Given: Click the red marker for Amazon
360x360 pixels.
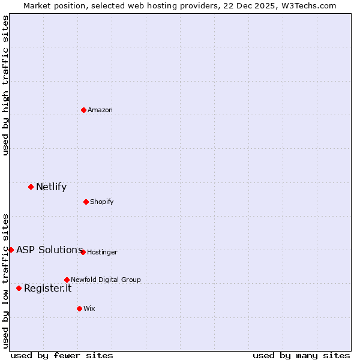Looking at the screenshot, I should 83,110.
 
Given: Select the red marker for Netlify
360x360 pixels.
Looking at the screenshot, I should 31,187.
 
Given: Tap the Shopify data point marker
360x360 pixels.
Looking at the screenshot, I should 86,202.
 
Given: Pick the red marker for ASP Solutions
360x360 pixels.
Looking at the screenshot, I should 11,250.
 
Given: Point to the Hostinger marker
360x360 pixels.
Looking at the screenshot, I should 83,252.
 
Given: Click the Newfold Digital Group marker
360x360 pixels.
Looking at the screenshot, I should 67,280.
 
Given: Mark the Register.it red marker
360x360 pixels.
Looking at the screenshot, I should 19,288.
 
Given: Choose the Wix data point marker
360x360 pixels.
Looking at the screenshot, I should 79,308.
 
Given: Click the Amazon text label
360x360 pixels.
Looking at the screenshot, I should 100,110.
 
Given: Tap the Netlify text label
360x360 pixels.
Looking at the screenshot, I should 51,187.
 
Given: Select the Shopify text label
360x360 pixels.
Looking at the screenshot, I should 102,202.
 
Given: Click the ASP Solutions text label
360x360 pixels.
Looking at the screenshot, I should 49,250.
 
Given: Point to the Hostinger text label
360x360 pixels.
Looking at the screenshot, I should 103,252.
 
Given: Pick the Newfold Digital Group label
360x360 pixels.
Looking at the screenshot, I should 106,280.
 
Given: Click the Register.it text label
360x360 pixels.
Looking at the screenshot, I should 47,288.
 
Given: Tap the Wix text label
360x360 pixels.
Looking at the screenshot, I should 89,308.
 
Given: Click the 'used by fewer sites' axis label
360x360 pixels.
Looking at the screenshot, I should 62,355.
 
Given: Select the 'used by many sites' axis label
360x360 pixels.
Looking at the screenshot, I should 301,355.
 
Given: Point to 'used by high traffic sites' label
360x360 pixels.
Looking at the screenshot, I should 5,85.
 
